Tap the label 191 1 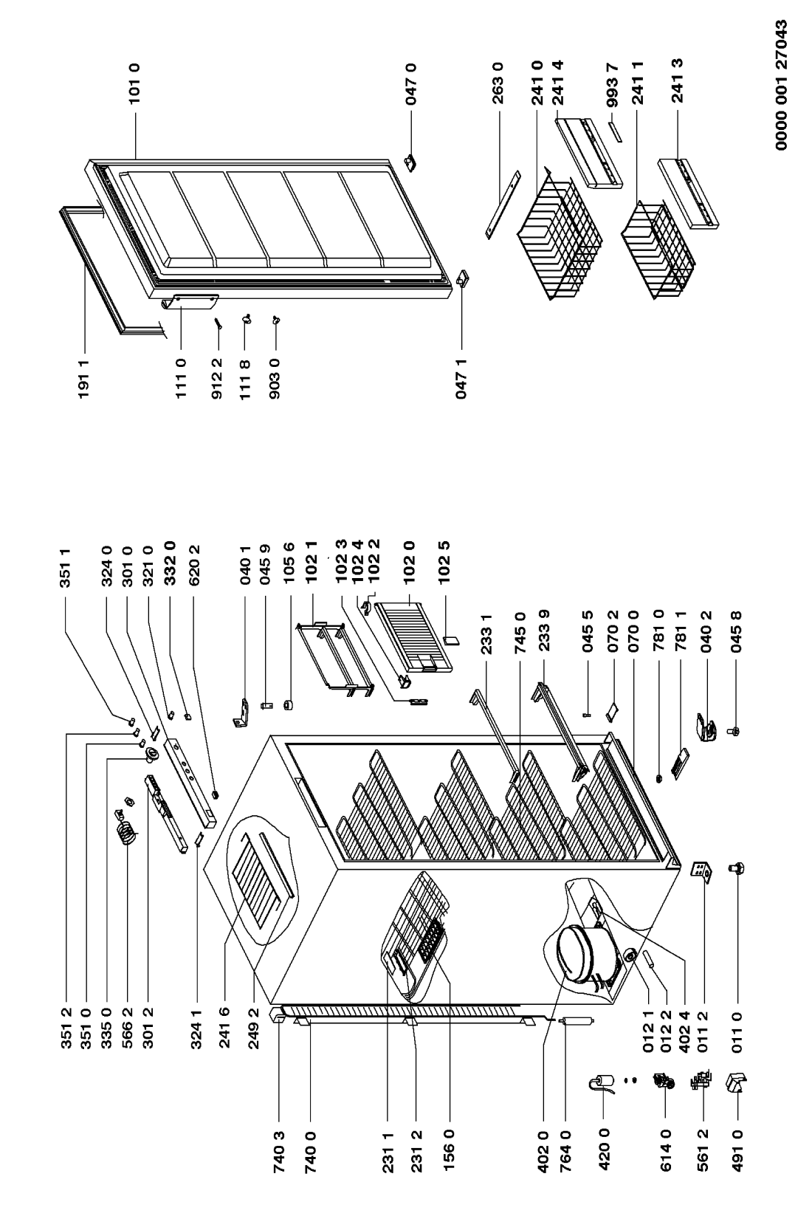83,379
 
